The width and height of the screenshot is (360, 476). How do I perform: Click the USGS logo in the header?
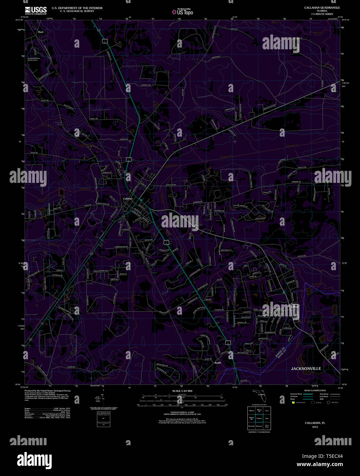pos(36,10)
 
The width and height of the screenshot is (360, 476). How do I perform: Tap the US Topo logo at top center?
pos(183,12)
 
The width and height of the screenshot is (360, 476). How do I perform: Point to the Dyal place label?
pos(41,32)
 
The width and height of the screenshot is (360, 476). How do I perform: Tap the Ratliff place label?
pos(218,362)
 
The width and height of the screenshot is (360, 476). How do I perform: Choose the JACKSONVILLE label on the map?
pos(306,368)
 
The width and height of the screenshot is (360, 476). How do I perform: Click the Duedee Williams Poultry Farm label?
pos(34,59)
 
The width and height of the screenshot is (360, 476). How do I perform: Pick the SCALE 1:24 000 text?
pos(182,391)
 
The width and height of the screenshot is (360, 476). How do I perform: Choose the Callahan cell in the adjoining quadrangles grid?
pos(259,418)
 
